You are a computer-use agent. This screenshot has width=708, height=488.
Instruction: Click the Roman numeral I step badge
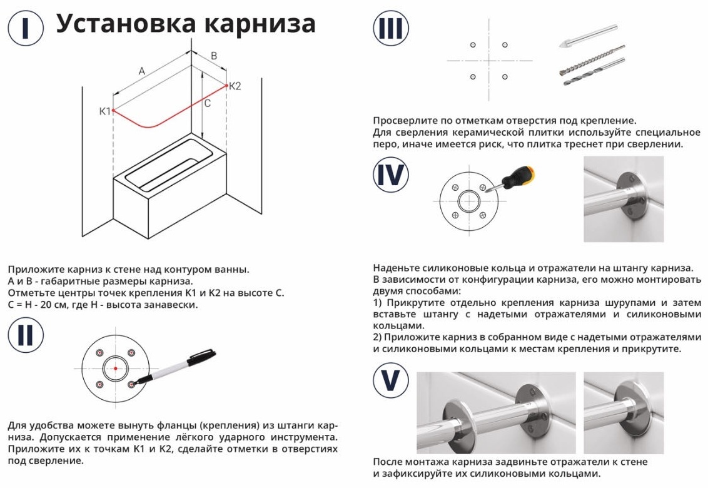point(26,28)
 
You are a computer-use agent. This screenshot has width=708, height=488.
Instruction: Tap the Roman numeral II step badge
point(26,336)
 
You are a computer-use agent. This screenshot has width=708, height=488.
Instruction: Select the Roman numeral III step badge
point(390,28)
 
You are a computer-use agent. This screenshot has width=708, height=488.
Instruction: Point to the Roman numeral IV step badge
point(390,175)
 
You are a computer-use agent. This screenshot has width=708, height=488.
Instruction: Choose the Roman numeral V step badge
point(390,380)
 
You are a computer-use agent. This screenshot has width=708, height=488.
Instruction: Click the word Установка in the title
point(126,24)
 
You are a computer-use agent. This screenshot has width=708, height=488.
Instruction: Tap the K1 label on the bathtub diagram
point(104,111)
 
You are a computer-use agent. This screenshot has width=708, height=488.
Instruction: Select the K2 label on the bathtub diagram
point(235,86)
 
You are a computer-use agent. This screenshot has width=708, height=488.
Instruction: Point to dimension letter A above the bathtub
point(142,71)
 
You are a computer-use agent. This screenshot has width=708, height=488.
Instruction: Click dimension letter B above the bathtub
point(214,56)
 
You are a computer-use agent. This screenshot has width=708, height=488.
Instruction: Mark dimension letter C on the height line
point(207,103)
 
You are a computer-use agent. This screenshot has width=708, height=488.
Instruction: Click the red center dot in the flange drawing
point(116,369)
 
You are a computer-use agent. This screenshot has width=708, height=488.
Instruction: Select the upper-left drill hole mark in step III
point(473,45)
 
